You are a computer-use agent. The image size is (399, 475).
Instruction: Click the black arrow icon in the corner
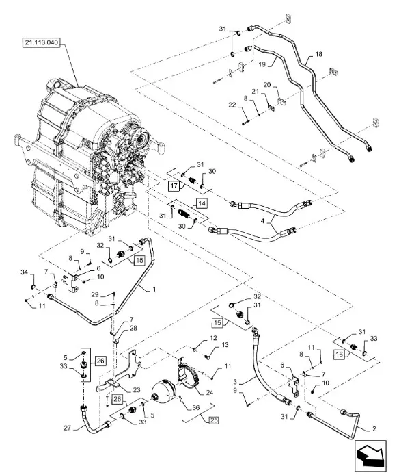(369, 454)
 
